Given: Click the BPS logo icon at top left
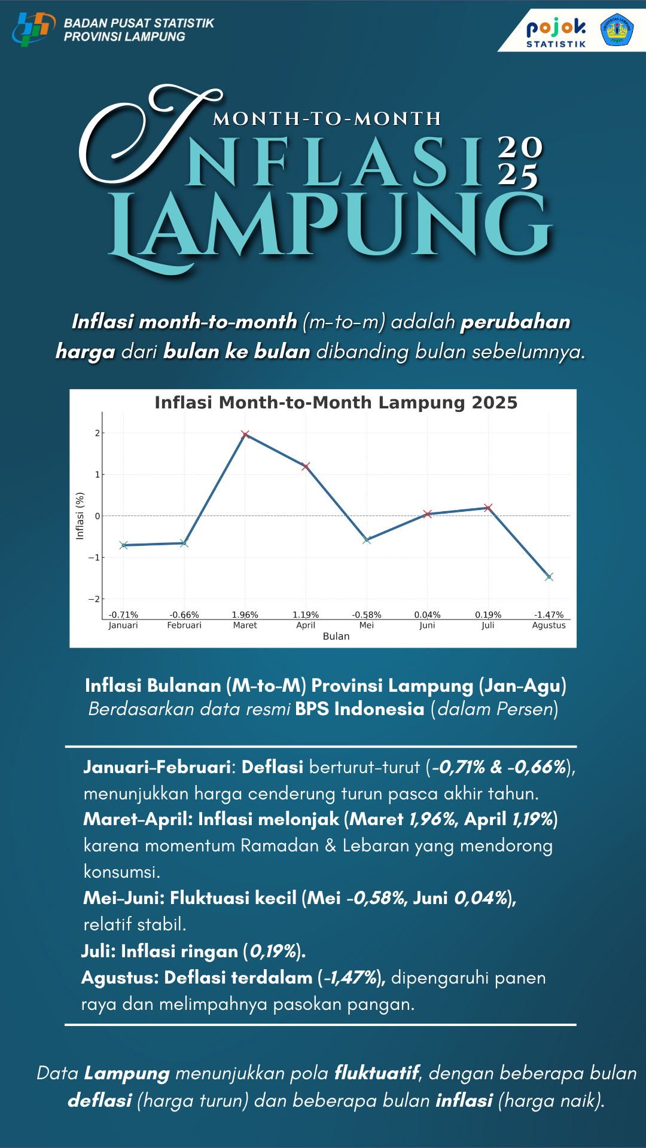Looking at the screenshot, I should point(32,29).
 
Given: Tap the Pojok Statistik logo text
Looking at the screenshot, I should point(556,32).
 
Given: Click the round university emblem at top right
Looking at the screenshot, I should point(617,30).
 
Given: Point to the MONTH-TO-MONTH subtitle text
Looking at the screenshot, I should point(327,119).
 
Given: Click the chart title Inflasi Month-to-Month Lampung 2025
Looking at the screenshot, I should point(336,402).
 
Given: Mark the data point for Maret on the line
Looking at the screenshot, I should point(245,435).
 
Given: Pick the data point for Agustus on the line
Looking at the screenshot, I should point(549,576).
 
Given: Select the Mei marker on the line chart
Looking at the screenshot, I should point(367,539).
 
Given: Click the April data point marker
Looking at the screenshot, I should point(306,466).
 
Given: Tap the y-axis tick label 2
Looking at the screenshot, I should point(97,433).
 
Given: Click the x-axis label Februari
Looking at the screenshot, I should point(184,625).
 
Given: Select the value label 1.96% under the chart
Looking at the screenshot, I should point(245,615).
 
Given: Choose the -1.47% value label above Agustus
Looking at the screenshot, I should point(549,615).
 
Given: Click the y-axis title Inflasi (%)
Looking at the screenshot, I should point(80,515).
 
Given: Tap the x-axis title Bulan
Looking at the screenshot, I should point(336,636).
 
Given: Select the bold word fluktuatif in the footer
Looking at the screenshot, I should point(377,1073).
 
